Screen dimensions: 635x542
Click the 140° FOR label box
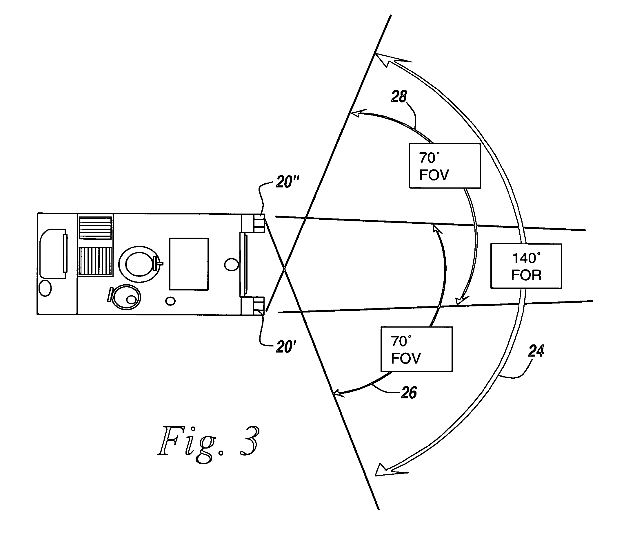[526, 266]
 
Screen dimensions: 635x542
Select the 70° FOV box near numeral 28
[445, 166]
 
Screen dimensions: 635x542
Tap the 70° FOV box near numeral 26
[416, 349]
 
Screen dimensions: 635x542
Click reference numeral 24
[536, 351]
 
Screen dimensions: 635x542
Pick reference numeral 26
[409, 393]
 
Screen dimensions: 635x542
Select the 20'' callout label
[287, 182]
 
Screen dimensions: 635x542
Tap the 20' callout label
[286, 347]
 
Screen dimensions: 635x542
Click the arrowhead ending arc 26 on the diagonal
[340, 392]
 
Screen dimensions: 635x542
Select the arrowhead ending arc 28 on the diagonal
[357, 113]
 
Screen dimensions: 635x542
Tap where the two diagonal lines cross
[285, 269]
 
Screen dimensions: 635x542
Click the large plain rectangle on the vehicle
[189, 264]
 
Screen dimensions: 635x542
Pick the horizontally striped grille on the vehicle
[95, 227]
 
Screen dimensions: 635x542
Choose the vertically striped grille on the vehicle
[95, 261]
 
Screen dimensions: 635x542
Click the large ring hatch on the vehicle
[139, 264]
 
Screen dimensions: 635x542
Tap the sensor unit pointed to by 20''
[259, 223]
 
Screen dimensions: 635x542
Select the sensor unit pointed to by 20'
[259, 306]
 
